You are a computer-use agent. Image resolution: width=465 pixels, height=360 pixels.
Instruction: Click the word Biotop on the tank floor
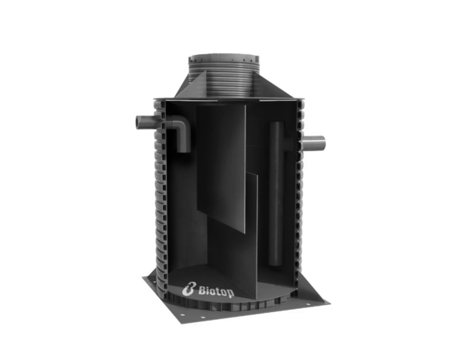click(216, 291)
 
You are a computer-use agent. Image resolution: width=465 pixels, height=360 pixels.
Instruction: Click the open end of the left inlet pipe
click(138, 122)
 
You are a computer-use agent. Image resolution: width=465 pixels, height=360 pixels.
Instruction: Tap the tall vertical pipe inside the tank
click(277, 194)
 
